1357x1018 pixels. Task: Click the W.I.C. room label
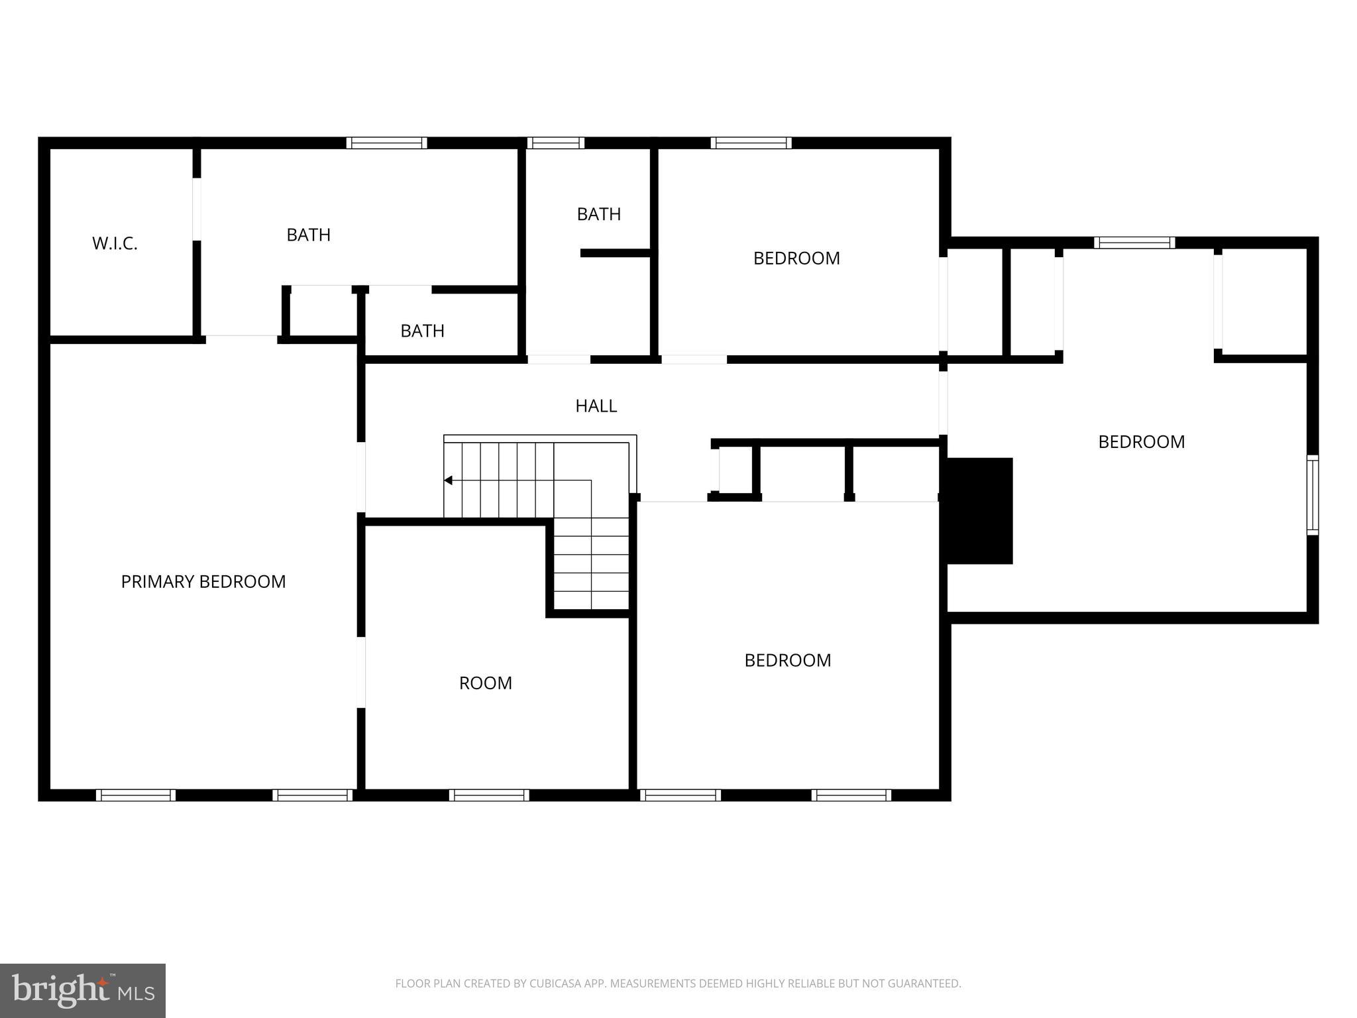(x=115, y=243)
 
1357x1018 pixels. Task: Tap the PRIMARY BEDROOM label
(x=203, y=581)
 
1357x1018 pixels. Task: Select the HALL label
(x=596, y=406)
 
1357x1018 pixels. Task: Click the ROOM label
(x=485, y=683)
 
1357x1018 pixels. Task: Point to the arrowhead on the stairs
(x=448, y=481)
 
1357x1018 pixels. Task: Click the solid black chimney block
(x=979, y=510)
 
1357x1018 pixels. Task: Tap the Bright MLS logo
(x=82, y=990)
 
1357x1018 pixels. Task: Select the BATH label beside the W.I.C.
(x=308, y=235)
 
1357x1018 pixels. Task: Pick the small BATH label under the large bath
(x=422, y=331)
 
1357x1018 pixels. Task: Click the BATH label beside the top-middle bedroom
(x=598, y=214)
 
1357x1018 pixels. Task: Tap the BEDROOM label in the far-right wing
(x=1141, y=442)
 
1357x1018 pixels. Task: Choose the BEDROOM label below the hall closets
(x=787, y=660)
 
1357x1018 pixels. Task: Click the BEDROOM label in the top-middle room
(x=796, y=258)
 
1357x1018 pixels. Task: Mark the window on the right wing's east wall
(x=1312, y=494)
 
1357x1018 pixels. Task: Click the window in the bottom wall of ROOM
(x=489, y=795)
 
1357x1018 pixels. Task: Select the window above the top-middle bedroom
(x=751, y=142)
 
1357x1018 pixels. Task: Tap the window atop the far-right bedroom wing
(x=1134, y=243)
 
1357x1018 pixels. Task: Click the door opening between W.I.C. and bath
(x=197, y=209)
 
